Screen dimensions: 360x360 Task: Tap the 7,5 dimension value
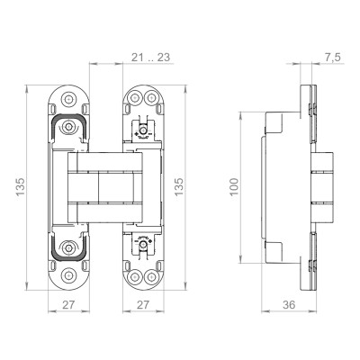(333, 57)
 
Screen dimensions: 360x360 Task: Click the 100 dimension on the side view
(237, 188)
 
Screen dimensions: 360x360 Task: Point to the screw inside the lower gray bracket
(69, 245)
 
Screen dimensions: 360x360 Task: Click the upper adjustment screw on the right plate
(141, 130)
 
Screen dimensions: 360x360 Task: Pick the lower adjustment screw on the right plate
(141, 245)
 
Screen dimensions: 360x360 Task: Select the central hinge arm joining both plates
(105, 187)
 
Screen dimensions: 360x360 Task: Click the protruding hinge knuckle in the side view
(322, 187)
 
